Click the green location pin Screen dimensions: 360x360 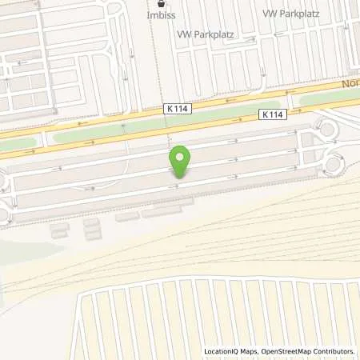181,161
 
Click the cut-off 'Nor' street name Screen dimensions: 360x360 350,82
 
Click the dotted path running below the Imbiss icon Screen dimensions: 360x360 158,64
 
